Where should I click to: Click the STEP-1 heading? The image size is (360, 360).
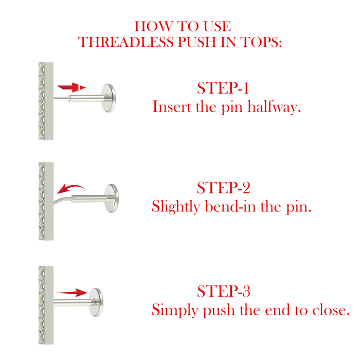point(223,88)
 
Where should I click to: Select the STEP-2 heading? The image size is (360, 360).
point(223,188)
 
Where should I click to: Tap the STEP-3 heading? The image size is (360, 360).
point(223,291)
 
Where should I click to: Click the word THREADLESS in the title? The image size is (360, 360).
point(126,42)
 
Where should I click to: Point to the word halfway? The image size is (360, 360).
point(274,107)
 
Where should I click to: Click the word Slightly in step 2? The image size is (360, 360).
point(176,207)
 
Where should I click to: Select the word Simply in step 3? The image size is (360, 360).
point(175,310)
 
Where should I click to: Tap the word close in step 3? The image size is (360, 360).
point(331,310)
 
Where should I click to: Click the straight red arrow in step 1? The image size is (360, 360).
point(71,87)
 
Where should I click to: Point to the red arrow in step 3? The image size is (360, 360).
point(72,293)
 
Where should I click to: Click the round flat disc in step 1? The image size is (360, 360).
point(109,98)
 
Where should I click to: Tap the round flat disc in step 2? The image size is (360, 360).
point(112,198)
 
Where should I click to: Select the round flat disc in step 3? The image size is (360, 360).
point(96,302)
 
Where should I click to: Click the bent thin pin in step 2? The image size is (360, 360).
point(63,199)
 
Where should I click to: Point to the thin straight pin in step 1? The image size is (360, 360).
point(61,98)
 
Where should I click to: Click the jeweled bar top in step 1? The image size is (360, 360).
point(46,101)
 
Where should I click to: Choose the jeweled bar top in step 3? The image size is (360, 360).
point(46,305)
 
